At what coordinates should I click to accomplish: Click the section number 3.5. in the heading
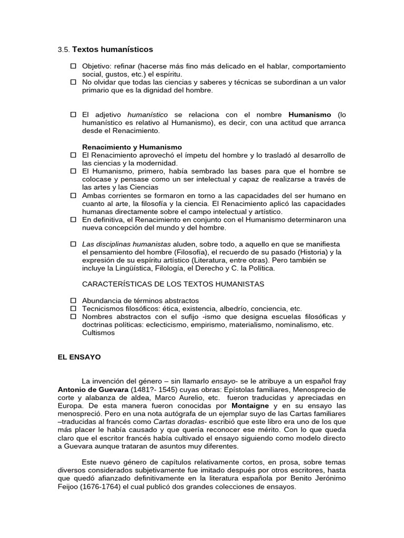63,50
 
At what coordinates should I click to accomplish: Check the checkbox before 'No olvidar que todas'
74,82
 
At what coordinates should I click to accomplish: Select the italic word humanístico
148,115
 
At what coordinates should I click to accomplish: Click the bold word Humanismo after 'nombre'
310,115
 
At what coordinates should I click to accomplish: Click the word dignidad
166,90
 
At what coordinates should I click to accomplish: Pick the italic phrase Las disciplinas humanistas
126,244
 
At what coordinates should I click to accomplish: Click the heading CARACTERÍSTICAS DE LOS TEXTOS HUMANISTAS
173,284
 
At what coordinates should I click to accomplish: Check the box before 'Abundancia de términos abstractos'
74,301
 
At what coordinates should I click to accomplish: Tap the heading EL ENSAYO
79,357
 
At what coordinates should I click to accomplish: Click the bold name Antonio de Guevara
93,390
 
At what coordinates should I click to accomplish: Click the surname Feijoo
69,487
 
